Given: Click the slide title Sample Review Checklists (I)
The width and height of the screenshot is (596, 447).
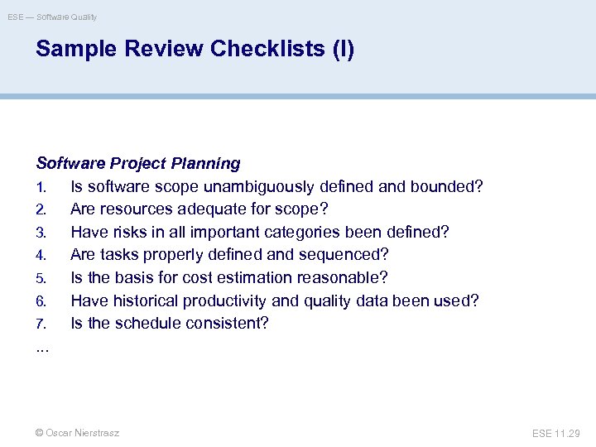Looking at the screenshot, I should click(x=195, y=50).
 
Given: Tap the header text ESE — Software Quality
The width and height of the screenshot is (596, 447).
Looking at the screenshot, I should click(x=53, y=17).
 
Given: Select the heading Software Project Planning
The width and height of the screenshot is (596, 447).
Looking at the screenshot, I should click(x=138, y=164).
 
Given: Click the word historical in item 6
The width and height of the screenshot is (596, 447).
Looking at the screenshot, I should click(x=144, y=300).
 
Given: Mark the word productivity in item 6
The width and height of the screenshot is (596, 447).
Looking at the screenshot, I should click(x=226, y=300).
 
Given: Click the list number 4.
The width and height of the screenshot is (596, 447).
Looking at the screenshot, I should click(x=41, y=255).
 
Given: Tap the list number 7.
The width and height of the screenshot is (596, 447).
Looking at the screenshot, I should click(x=41, y=324).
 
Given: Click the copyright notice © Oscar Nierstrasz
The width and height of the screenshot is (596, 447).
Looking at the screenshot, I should click(x=77, y=433).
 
